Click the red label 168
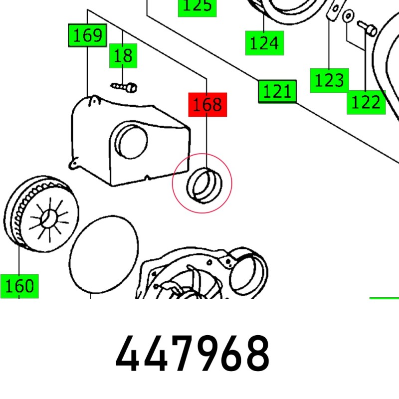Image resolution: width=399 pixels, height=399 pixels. [207, 104]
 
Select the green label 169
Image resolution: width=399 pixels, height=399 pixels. [88, 35]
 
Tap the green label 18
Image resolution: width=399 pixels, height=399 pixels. [123, 55]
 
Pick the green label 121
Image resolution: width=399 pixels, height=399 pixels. [277, 91]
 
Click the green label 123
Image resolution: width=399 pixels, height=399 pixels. [329, 80]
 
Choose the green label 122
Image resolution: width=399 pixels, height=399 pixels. [366, 102]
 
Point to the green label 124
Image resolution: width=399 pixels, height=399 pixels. [264, 43]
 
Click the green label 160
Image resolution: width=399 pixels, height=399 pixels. [19, 286]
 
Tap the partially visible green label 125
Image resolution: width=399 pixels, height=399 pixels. [197, 6]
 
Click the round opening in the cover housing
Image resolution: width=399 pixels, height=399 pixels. [131, 140]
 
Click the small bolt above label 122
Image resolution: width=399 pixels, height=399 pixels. [368, 28]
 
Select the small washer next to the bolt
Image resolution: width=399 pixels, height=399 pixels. [348, 16]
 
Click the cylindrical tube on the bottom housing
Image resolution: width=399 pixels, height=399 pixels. [249, 274]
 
